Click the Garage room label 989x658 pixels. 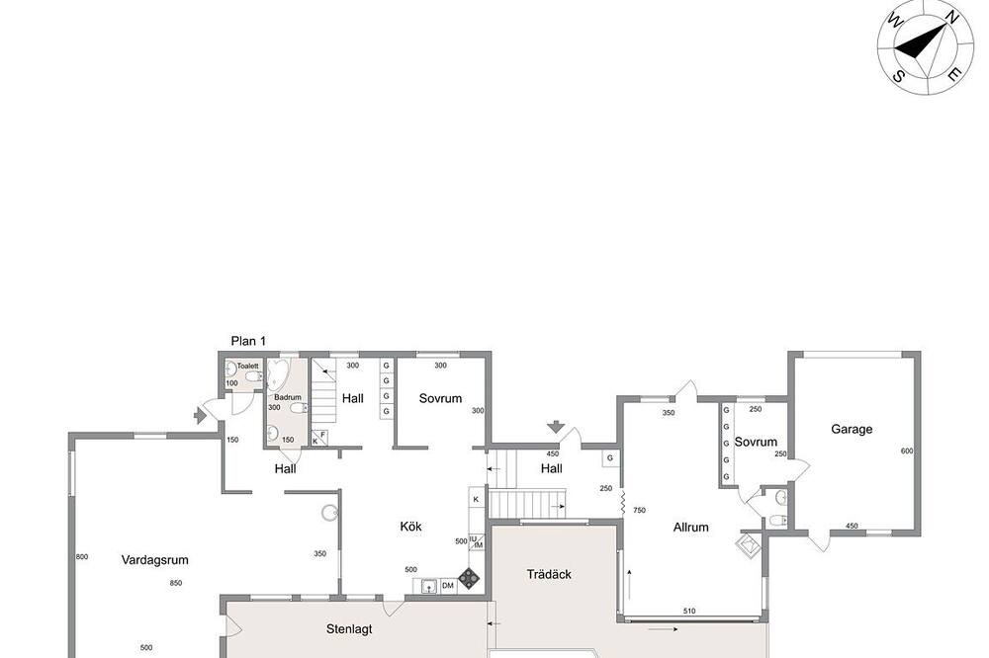coord(852,430)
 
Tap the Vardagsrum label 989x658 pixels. coord(154,559)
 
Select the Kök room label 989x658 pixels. coord(410,527)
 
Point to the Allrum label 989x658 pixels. coord(690,527)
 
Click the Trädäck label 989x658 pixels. coord(549,574)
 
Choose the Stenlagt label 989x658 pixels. coord(349,629)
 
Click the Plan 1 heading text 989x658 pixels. coord(248,341)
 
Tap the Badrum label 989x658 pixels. coord(288,397)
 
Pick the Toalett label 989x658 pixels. coord(248,367)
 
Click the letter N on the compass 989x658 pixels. coord(952,20)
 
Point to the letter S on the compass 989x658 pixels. coord(898,76)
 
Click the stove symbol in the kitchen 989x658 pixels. coord(468,578)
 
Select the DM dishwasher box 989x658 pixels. coord(448,586)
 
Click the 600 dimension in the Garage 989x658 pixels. coord(906,451)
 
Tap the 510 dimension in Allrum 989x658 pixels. coord(689,611)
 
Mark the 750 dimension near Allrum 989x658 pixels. coord(639,511)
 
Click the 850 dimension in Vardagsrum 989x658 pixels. coord(176,583)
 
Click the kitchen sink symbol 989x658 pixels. coord(429,586)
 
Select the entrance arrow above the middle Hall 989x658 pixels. coord(556,427)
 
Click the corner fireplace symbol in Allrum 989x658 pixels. coord(749,544)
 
